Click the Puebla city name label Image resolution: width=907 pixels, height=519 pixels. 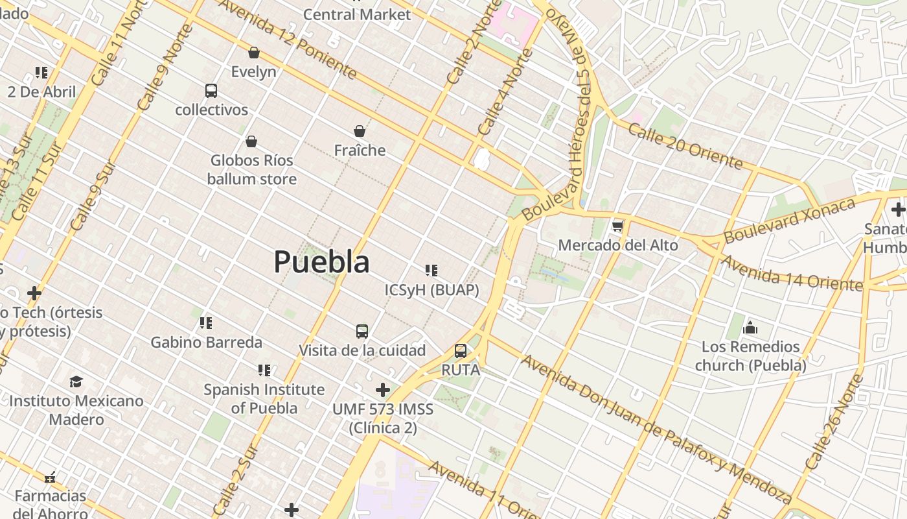(x=321, y=261)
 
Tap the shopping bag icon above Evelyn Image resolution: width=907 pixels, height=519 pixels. (x=254, y=53)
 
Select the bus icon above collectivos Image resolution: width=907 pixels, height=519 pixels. (x=211, y=91)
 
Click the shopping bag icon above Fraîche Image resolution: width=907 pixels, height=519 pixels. (x=360, y=132)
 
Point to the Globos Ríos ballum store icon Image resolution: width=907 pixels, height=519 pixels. (x=251, y=141)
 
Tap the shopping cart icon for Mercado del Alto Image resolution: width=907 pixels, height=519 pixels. (x=617, y=226)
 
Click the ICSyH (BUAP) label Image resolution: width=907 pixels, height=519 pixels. (x=431, y=290)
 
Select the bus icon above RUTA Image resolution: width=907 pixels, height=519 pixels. (x=461, y=351)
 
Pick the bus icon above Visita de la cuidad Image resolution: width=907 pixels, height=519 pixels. (x=362, y=332)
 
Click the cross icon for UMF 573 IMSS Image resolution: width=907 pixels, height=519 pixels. (x=383, y=390)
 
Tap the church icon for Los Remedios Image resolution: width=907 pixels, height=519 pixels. (x=750, y=328)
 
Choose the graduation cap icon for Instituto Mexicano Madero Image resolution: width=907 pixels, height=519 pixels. (x=76, y=381)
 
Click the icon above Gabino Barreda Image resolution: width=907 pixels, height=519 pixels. (x=206, y=323)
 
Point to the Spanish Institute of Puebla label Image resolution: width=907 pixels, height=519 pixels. (x=264, y=398)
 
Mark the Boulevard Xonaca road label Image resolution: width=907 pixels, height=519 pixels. (x=790, y=221)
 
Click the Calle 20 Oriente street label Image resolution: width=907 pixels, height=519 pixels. (x=685, y=147)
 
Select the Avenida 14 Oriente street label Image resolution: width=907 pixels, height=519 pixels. (x=791, y=273)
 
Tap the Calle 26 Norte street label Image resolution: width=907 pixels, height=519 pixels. (x=834, y=422)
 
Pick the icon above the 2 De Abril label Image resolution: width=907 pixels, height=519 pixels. (x=41, y=73)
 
